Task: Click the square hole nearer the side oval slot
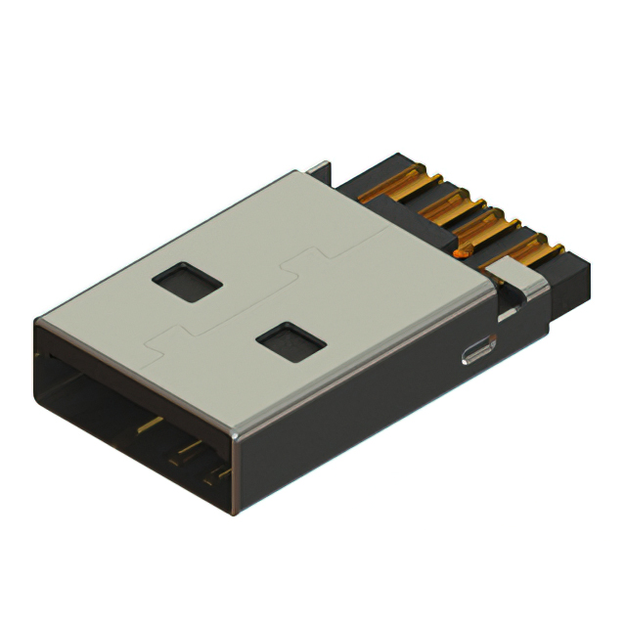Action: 291,341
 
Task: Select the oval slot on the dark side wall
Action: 478,351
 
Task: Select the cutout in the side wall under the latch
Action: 508,311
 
